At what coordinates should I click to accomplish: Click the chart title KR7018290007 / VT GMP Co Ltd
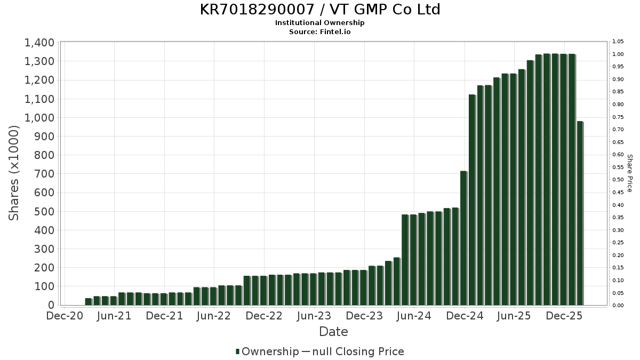(x=320, y=10)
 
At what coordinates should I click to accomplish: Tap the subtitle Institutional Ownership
(x=320, y=23)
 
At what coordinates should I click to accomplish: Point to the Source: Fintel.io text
(x=320, y=31)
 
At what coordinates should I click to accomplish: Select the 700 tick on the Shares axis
(x=44, y=174)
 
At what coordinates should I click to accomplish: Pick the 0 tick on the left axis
(x=51, y=305)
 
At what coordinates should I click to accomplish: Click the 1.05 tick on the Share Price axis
(x=618, y=42)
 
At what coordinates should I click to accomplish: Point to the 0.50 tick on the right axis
(x=618, y=180)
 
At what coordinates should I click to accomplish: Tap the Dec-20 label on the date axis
(x=65, y=316)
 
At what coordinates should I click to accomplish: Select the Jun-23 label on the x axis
(x=314, y=316)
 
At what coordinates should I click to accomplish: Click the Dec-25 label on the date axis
(x=564, y=316)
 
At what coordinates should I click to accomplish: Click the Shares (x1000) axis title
(x=14, y=173)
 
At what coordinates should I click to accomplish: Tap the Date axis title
(x=333, y=332)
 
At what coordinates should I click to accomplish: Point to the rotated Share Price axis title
(x=629, y=173)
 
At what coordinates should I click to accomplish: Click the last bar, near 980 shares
(x=580, y=213)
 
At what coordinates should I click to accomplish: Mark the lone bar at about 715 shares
(x=463, y=238)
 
